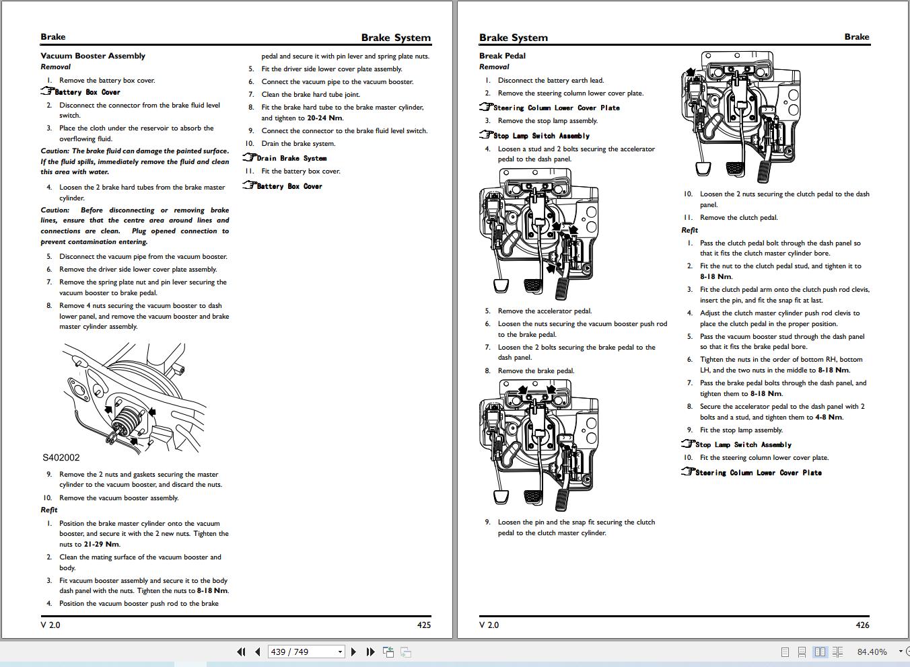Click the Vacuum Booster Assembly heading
93,56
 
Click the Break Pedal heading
502,56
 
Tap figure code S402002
61,458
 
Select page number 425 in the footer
423,625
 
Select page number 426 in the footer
862,625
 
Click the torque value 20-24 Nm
324,118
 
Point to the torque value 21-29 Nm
102,545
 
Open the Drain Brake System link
291,159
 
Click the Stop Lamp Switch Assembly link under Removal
541,136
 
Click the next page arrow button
353,652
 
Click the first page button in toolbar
241,652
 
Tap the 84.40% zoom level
872,652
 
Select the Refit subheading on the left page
49,510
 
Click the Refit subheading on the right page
690,230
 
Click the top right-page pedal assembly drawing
740,114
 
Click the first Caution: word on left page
55,151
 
